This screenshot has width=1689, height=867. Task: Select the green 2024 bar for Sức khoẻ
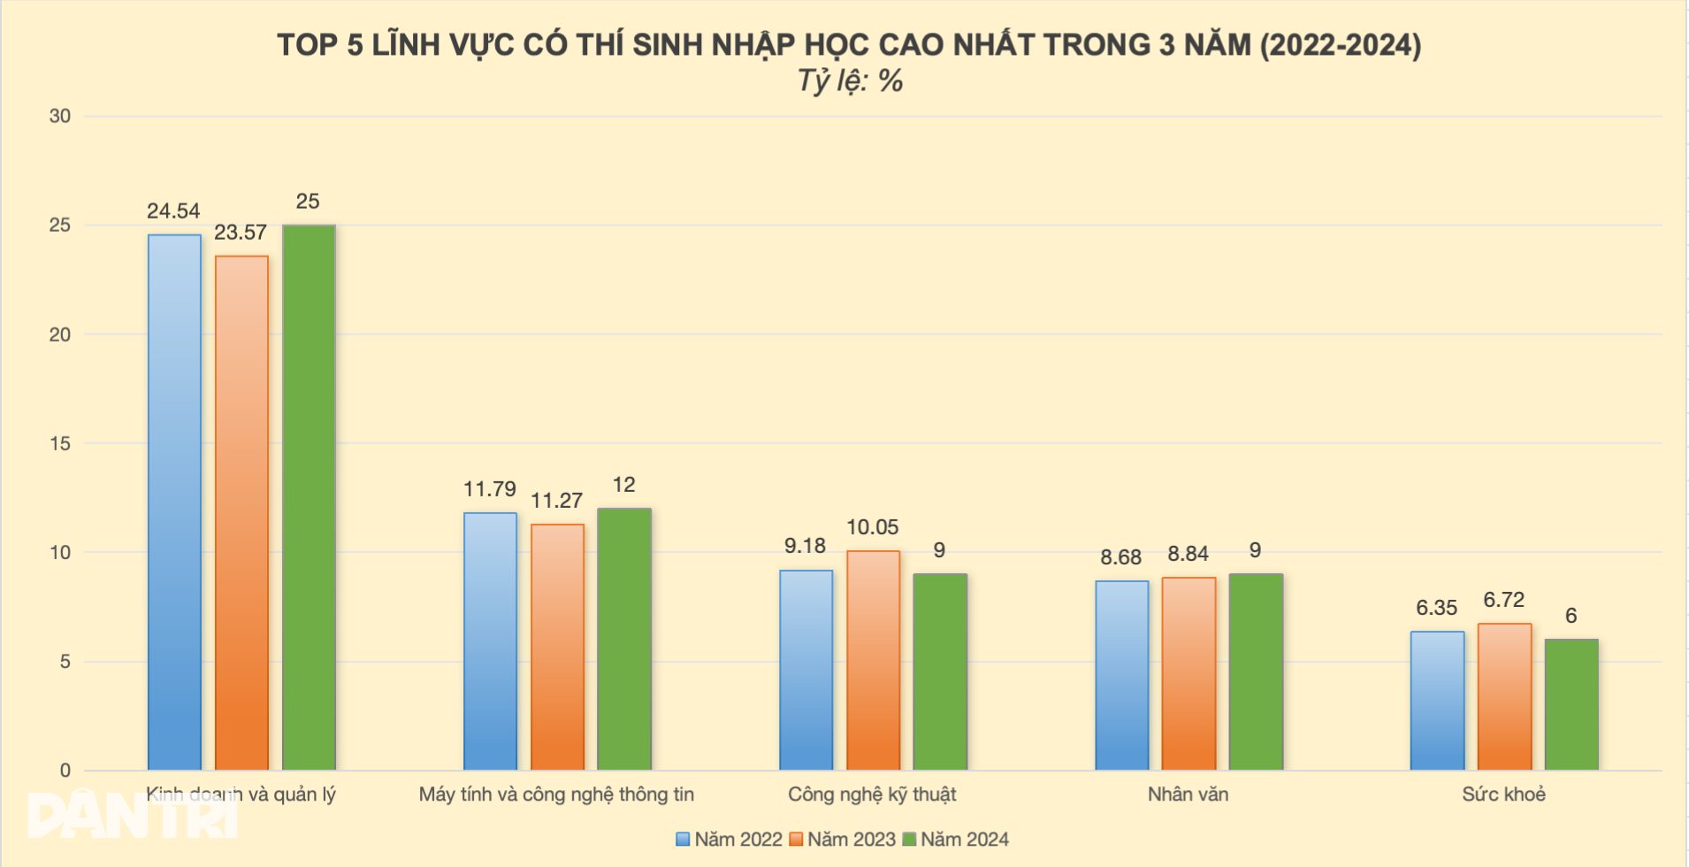coord(1571,704)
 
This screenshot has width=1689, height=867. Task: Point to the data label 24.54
coord(173,211)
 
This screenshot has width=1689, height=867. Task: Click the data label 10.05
coord(873,527)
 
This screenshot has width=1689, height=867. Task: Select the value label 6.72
coord(1504,600)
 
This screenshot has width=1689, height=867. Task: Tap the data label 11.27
coord(556,501)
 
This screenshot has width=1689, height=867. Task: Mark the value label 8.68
coord(1120,557)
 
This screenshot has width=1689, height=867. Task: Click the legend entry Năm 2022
coord(730,840)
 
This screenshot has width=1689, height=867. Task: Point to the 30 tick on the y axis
coord(60,116)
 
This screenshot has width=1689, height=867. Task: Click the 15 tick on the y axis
coord(60,443)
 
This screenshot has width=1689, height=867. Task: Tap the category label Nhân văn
coord(1188,794)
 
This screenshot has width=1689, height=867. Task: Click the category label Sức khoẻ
coord(1503,794)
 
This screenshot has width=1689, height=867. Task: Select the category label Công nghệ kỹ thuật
coord(872,794)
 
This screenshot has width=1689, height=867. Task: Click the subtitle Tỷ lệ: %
coord(850,81)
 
